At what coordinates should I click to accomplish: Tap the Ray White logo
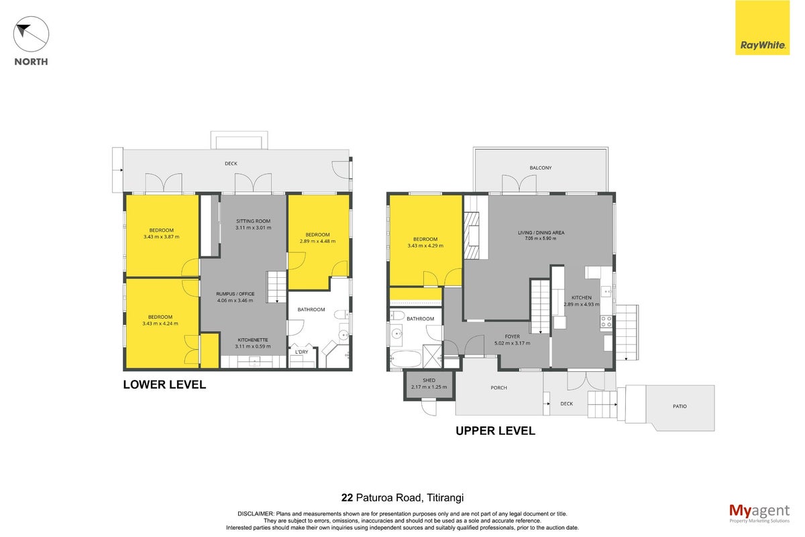click(762, 28)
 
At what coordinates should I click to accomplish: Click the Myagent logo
click(759, 514)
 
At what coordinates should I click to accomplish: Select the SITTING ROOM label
click(253, 222)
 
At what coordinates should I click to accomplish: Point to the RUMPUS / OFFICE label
click(235, 294)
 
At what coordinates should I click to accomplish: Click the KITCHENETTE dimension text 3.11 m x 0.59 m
click(253, 346)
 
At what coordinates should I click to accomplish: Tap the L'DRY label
click(301, 352)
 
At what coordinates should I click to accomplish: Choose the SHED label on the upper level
click(429, 380)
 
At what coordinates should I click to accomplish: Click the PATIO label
click(680, 406)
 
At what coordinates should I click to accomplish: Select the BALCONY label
click(541, 168)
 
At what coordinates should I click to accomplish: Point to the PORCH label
click(499, 388)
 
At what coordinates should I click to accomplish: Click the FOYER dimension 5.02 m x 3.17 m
click(512, 343)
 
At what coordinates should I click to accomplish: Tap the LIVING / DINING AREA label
click(541, 232)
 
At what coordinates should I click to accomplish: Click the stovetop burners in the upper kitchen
click(606, 322)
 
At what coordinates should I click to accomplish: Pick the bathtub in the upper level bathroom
click(406, 359)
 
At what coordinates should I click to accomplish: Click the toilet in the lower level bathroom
click(341, 315)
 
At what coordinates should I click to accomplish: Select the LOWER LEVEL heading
click(164, 385)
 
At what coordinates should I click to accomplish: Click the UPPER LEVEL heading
click(495, 430)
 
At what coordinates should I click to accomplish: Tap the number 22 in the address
click(347, 497)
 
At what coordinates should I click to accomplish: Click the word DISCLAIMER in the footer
click(256, 514)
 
